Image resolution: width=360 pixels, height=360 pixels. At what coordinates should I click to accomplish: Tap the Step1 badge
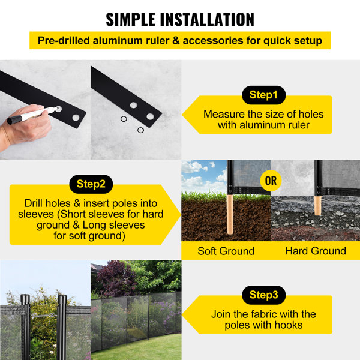[x=263, y=95]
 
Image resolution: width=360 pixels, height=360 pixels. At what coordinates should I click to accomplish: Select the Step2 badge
[x=91, y=184]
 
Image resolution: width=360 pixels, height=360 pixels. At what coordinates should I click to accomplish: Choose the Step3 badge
[x=263, y=295]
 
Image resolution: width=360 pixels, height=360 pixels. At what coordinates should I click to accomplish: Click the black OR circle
[x=271, y=179]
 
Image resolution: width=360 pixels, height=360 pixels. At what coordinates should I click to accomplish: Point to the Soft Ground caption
[x=226, y=251]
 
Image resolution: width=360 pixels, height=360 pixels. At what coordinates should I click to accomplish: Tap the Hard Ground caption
[x=315, y=251]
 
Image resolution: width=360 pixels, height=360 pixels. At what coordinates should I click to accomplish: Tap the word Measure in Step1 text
[x=221, y=114]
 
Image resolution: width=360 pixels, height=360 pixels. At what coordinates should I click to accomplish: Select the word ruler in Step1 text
[x=297, y=125]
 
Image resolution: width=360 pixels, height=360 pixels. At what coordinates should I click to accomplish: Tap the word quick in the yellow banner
[x=278, y=41]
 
